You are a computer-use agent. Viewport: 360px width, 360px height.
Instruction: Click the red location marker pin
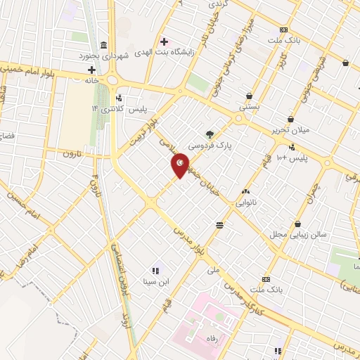pos(180,165)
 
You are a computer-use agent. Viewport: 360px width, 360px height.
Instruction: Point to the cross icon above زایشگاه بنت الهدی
pos(165,41)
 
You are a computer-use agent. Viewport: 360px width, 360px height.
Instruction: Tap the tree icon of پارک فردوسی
pos(209,133)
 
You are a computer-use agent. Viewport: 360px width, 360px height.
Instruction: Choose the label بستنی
pos(250,108)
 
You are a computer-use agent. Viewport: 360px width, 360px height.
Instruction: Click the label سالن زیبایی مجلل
pos(291,233)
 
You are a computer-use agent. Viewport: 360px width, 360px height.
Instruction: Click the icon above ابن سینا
pos(155,270)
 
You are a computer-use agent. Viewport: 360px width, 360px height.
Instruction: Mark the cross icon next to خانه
pos(91,70)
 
